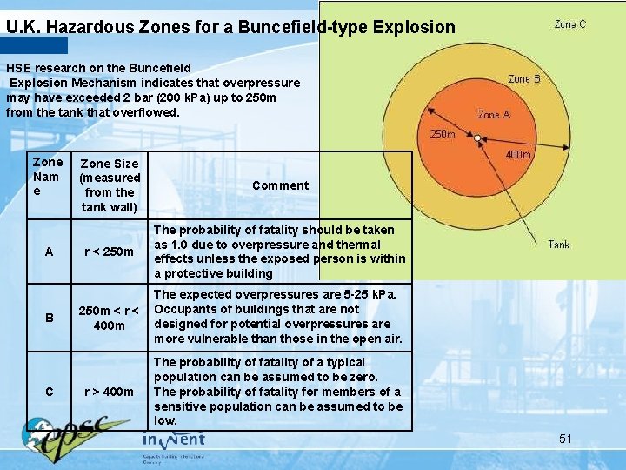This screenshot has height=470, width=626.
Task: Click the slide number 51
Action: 565,439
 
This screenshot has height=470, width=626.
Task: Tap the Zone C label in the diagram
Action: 570,24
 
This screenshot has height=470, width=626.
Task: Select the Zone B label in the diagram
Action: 524,79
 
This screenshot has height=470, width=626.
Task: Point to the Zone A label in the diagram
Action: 494,114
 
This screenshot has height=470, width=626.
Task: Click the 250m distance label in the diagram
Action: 443,134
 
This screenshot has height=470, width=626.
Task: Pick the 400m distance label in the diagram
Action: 518,154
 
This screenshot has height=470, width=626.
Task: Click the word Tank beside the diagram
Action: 559,245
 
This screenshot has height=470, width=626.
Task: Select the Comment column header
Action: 280,185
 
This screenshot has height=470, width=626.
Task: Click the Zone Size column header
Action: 109,185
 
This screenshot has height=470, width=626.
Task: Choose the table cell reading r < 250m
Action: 109,252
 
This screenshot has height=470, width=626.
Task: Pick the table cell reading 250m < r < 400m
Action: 109,318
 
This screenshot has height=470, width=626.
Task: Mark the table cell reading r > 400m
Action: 109,392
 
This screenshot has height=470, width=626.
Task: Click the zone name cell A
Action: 49,252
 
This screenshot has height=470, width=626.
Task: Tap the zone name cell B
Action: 49,318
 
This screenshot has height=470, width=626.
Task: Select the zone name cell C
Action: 49,392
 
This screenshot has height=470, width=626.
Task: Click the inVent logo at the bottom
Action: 174,440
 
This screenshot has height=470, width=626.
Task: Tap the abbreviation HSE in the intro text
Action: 18,68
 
